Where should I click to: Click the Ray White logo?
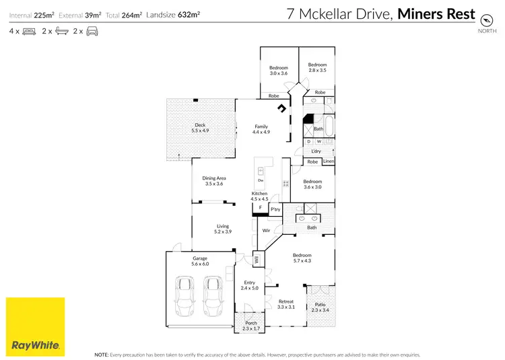36,326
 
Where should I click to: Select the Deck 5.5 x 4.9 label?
200,128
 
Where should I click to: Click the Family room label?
261,129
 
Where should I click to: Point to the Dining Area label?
213,181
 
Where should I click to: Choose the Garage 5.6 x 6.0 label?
200,261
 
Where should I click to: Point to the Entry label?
250,285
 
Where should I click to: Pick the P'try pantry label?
275,209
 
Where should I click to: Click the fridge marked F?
260,208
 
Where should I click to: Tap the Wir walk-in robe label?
267,231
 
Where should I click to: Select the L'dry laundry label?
316,151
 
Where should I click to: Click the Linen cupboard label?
328,161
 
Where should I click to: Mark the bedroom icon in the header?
29,31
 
